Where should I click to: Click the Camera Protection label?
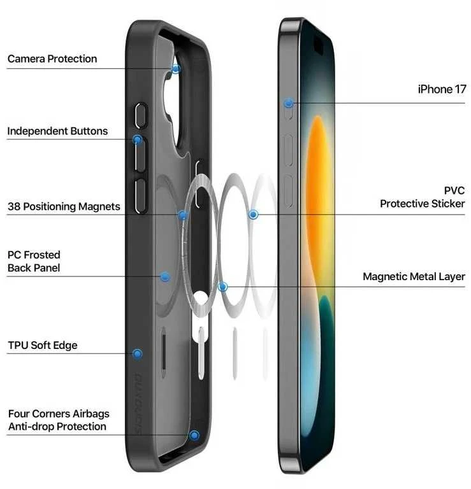[52, 59]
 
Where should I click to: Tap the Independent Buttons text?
[57, 131]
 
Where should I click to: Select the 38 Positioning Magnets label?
[64, 206]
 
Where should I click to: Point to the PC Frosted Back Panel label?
[34, 261]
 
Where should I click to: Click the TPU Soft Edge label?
[43, 345]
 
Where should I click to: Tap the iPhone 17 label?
[442, 89]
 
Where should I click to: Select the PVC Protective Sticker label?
[423, 197]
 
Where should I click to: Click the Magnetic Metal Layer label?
[414, 276]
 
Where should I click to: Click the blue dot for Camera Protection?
[176, 69]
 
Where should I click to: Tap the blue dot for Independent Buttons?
[137, 139]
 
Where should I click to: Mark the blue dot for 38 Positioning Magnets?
[183, 215]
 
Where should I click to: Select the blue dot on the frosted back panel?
[165, 277]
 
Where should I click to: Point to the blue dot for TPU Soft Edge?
[137, 353]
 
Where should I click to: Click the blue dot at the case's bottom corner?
[194, 436]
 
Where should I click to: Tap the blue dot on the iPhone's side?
[289, 103]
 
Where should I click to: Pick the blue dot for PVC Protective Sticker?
[253, 215]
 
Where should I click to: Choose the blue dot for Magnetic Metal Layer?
[222, 287]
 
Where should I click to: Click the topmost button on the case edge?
[141, 115]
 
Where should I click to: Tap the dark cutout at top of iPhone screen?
[319, 45]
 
